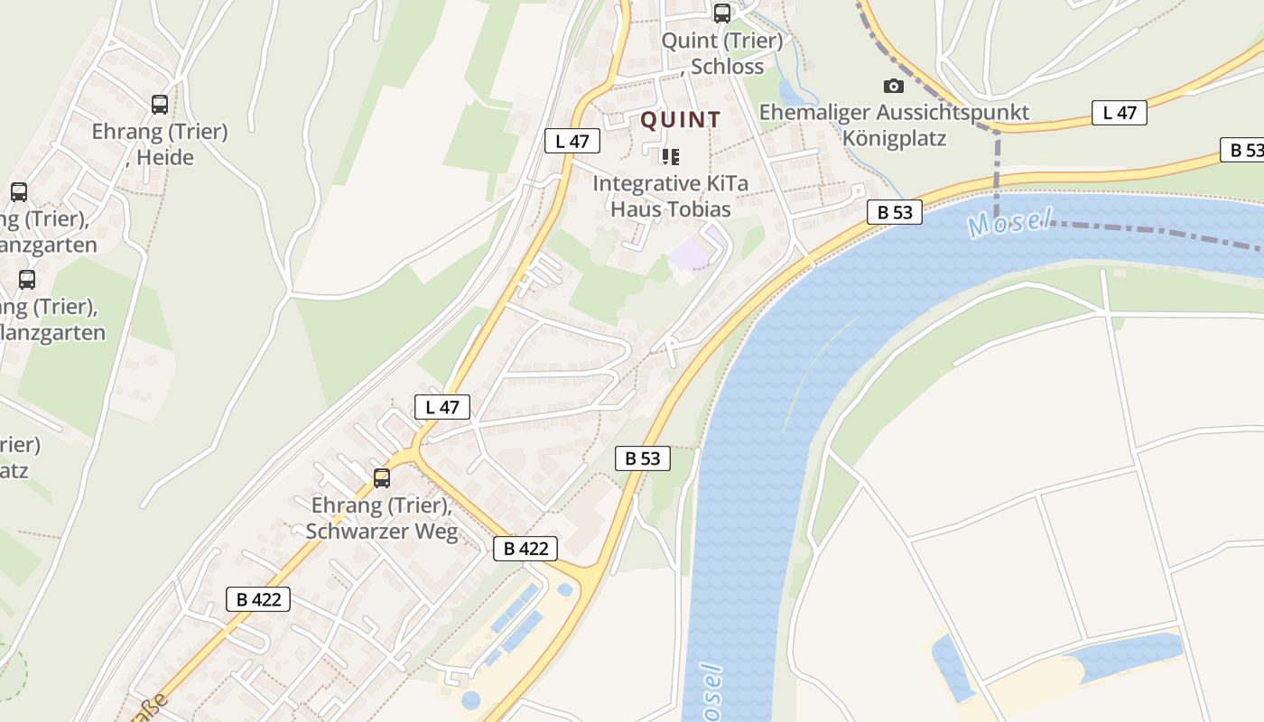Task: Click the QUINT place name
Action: point(681,119)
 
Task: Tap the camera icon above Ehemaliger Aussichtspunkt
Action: point(893,86)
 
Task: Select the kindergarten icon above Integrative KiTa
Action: point(670,157)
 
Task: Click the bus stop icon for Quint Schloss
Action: point(721,14)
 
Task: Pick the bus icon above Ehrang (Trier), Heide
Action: point(160,105)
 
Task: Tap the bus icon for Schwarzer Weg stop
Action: point(382,478)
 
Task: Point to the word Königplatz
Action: point(894,139)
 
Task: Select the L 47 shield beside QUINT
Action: point(572,141)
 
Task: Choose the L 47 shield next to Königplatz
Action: point(1120,113)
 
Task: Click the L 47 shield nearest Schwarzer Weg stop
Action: point(442,407)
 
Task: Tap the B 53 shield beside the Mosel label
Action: point(895,213)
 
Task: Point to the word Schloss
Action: point(727,67)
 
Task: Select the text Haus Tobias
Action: point(670,209)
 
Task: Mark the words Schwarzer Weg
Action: point(382,532)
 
